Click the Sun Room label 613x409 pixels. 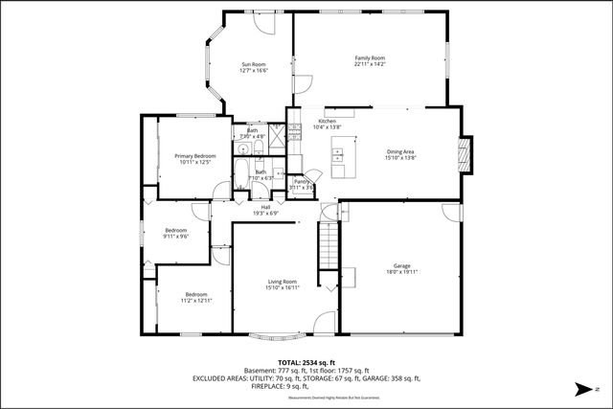click(x=253, y=64)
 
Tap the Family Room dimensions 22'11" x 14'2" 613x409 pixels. click(x=370, y=65)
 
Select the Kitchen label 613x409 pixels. click(x=327, y=121)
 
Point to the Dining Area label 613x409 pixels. click(x=399, y=151)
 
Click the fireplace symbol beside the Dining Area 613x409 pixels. click(x=465, y=154)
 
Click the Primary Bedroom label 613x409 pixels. click(x=194, y=155)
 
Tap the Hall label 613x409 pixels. click(x=264, y=207)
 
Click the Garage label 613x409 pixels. click(x=401, y=265)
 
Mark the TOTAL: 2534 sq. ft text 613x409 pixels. click(x=306, y=363)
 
